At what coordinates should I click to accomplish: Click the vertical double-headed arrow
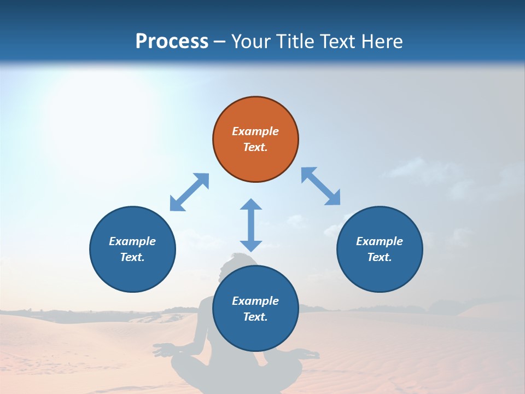click(251, 225)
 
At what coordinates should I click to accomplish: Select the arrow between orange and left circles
click(189, 192)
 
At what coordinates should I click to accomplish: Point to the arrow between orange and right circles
click(321, 187)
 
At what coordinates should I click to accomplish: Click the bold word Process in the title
click(172, 41)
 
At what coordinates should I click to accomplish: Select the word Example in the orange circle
click(255, 131)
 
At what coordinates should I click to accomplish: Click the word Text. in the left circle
click(132, 257)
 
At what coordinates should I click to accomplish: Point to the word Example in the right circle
click(380, 241)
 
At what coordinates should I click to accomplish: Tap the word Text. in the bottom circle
click(255, 317)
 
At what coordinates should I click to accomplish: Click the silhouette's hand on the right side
click(311, 356)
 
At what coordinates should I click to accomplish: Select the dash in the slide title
click(219, 42)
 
